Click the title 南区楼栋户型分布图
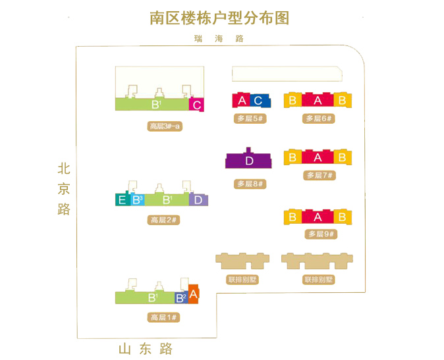click(219, 18)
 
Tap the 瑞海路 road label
click(219, 38)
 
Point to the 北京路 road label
click(64, 189)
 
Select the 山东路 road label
click(146, 349)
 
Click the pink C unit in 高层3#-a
click(196, 105)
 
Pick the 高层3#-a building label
click(165, 126)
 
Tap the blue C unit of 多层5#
click(260, 101)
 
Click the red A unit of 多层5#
click(241, 100)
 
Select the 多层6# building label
click(319, 118)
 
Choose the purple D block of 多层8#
click(248, 159)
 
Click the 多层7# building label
click(319, 175)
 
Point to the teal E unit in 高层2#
click(123, 199)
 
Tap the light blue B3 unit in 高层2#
click(138, 200)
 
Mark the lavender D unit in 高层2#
click(198, 199)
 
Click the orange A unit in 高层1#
click(194, 294)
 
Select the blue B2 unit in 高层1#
click(181, 297)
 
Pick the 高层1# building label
click(163, 317)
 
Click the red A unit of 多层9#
click(318, 217)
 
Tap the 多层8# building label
click(250, 184)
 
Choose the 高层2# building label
click(163, 220)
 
